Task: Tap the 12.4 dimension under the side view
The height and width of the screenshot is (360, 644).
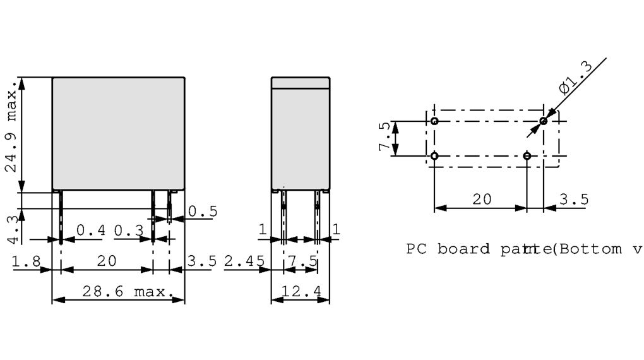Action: pyautogui.click(x=301, y=292)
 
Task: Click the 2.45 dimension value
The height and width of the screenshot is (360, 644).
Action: pyautogui.click(x=242, y=261)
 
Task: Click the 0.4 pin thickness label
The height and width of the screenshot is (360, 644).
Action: pyautogui.click(x=91, y=231)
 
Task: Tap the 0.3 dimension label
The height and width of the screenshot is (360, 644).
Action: pyautogui.click(x=129, y=231)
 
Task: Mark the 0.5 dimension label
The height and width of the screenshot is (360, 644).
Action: pyautogui.click(x=202, y=212)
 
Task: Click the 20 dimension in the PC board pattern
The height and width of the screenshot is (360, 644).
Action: pyautogui.click(x=482, y=200)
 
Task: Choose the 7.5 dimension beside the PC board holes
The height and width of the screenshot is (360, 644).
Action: pyautogui.click(x=383, y=138)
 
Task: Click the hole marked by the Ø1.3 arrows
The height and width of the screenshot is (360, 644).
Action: pyautogui.click(x=543, y=120)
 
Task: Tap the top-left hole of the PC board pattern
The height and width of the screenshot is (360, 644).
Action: pyautogui.click(x=434, y=120)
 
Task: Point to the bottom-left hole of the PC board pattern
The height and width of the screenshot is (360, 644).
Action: pyautogui.click(x=434, y=155)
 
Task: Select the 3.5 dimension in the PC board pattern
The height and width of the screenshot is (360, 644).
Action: pyautogui.click(x=574, y=200)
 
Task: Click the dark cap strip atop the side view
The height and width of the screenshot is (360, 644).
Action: pyautogui.click(x=301, y=83)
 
